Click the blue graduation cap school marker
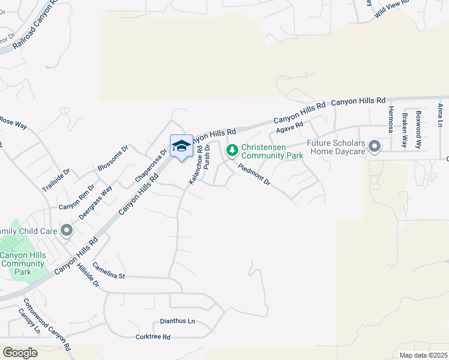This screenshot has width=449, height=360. pos(182,146)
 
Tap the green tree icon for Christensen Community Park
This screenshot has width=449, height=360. pos(232,150)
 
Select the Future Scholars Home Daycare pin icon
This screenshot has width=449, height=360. pos(375,147)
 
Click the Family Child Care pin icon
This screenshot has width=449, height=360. pos(66,230)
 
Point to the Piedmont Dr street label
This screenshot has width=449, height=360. pos(255,175)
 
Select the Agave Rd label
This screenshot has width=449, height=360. pos(290,128)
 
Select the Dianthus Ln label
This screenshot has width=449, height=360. pos(177,321)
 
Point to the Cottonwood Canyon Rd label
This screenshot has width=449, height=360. pos(47,325)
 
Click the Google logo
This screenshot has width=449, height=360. pos(20,352)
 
